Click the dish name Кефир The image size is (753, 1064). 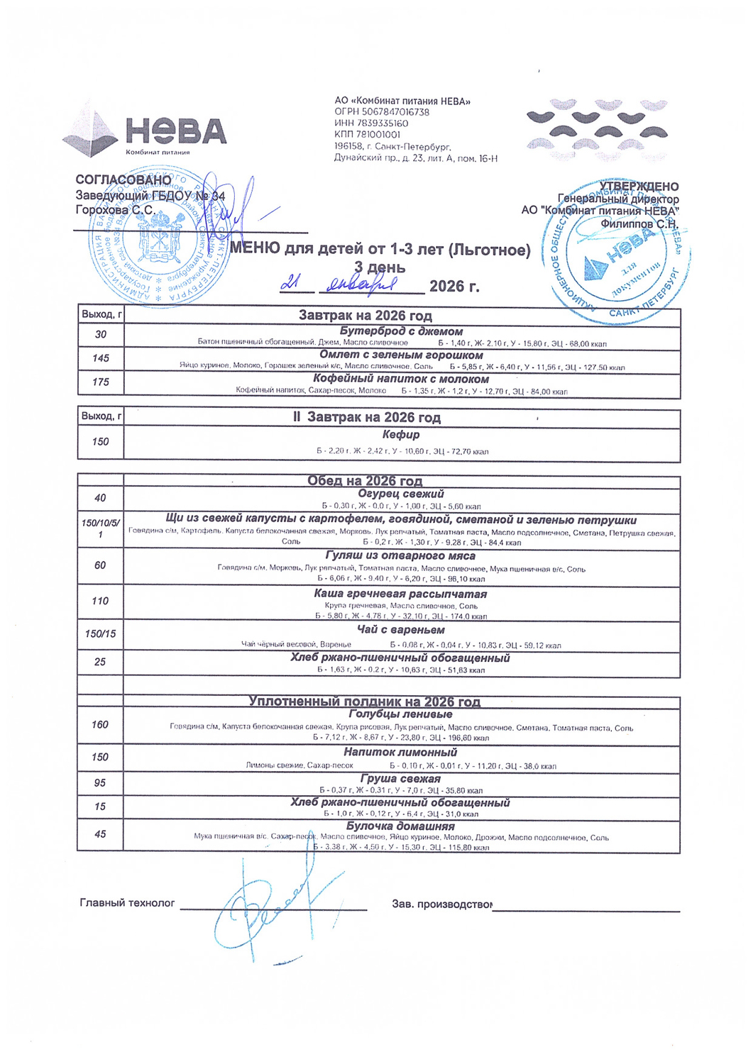pyautogui.click(x=401, y=435)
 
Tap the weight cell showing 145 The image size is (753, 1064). pyautogui.click(x=100, y=358)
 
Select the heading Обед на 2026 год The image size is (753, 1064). pyautogui.click(x=365, y=481)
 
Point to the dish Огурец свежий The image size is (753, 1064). pyautogui.click(x=401, y=494)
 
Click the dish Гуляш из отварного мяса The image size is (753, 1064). pyautogui.click(x=400, y=556)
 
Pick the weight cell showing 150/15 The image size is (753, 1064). pyautogui.click(x=100, y=633)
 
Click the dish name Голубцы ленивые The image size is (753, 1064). pyautogui.click(x=400, y=714)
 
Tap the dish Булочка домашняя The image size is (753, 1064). pyautogui.click(x=400, y=826)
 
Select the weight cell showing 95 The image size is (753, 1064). pyautogui.click(x=100, y=783)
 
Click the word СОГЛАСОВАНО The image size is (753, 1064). pyautogui.click(x=123, y=181)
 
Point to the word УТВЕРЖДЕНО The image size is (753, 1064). pyautogui.click(x=639, y=187)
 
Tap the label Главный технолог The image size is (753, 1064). pyautogui.click(x=127, y=903)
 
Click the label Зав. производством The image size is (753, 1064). pyautogui.click(x=442, y=904)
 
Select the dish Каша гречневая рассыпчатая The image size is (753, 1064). pyautogui.click(x=400, y=594)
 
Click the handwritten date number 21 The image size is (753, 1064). pyautogui.click(x=290, y=283)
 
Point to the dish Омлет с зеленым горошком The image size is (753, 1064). pyautogui.click(x=401, y=355)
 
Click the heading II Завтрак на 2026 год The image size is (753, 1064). pyautogui.click(x=367, y=418)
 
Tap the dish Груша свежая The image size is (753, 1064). pyautogui.click(x=400, y=779)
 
